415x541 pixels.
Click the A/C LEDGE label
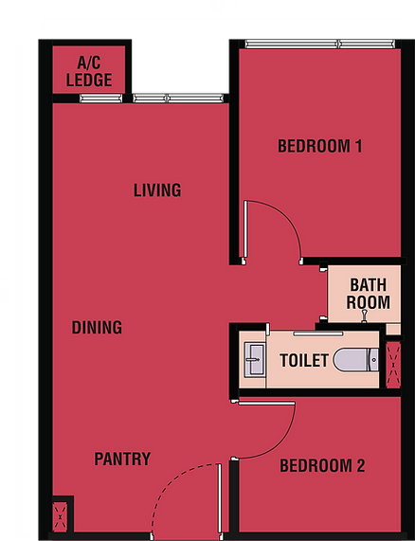point(89,71)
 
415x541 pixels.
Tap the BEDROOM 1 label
point(320,146)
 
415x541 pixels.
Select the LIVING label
point(157,190)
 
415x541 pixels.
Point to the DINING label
point(97,328)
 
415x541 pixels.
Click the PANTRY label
point(122,459)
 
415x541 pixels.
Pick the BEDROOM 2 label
point(322,465)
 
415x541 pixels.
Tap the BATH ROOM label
point(368,294)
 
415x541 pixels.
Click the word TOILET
point(304,361)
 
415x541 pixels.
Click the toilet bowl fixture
point(356,360)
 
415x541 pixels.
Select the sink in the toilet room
point(255,359)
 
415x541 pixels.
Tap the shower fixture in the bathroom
point(364,316)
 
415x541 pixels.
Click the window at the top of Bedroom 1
point(320,44)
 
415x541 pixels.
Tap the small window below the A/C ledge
point(100,99)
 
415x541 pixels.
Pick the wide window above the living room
point(178,99)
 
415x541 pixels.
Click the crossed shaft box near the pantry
point(60,516)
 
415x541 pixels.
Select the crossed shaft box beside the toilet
point(393,365)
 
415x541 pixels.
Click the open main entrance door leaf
point(219,499)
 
